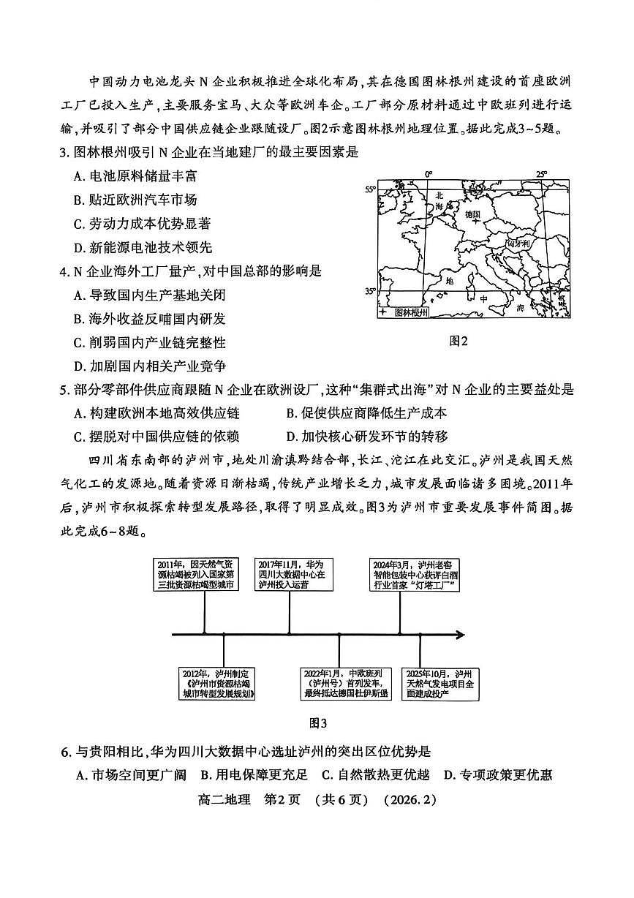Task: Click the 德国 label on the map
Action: (472, 214)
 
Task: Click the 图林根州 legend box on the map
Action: (404, 312)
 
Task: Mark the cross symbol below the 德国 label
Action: (475, 222)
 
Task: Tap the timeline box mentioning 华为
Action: (290, 575)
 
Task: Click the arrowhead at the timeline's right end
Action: (458, 634)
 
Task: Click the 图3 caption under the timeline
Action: (318, 724)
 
